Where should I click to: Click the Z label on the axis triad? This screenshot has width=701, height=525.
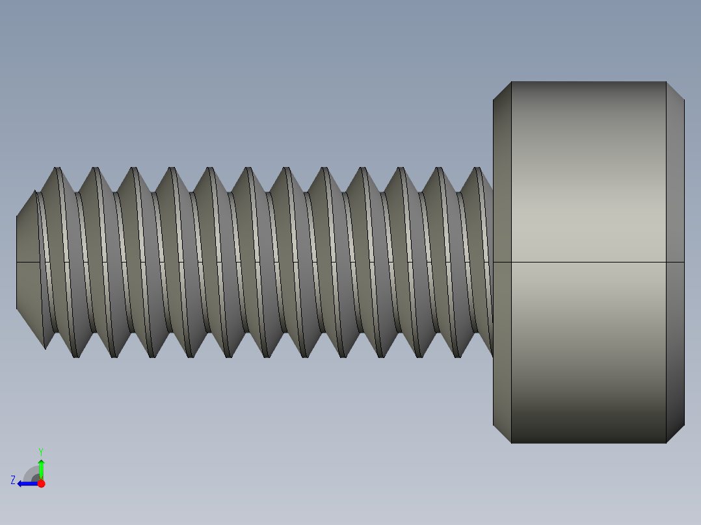tap(13, 480)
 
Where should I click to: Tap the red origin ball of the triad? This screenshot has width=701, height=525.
tap(41, 483)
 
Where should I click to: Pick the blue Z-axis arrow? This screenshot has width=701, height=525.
tap(26, 483)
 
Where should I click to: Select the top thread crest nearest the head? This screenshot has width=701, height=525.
tap(479, 170)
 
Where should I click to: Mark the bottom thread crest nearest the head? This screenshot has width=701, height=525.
tap(458, 355)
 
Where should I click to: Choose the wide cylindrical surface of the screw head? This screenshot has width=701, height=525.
tap(589, 195)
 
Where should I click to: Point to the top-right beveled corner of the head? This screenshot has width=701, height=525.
tap(676, 91)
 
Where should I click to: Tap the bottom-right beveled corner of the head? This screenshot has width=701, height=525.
tap(676, 434)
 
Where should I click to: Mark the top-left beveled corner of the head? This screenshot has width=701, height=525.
tap(502, 91)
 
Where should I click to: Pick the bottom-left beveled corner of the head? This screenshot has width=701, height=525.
tap(502, 434)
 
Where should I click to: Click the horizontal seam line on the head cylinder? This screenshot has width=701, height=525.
tap(589, 262)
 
